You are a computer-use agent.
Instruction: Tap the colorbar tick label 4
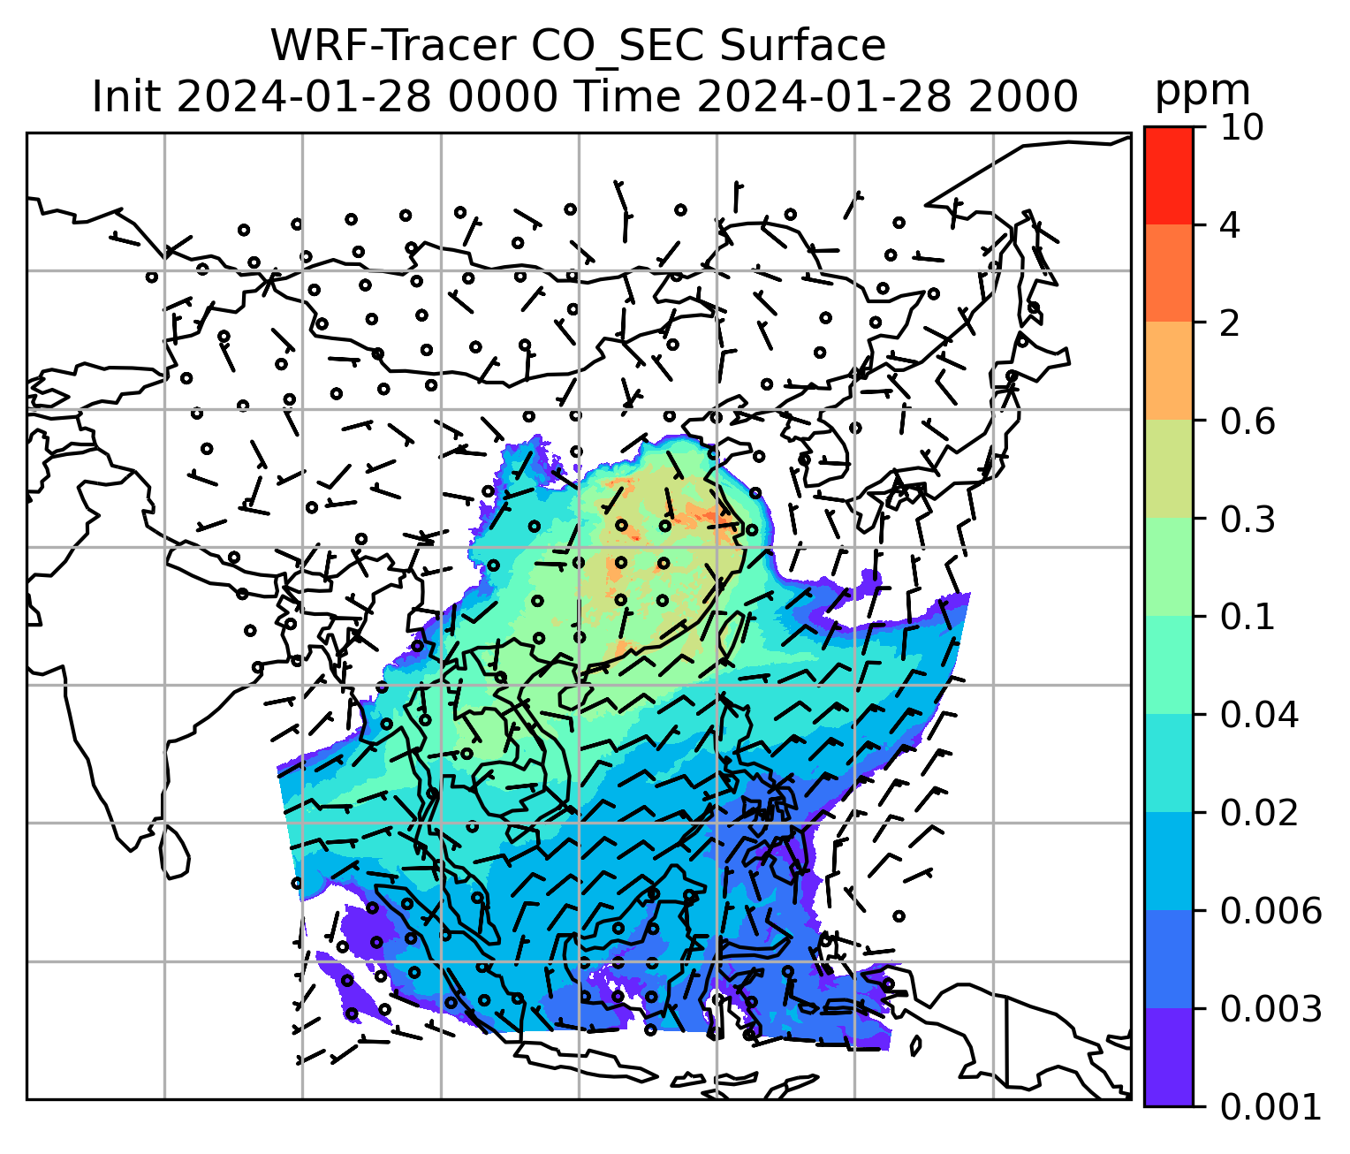(1231, 226)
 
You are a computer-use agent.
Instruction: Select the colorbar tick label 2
(1231, 324)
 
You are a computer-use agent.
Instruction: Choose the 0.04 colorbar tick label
(1259, 716)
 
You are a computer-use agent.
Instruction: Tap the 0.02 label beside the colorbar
(1259, 814)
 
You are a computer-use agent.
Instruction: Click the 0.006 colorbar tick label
(1270, 911)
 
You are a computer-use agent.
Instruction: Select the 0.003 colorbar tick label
(1270, 1009)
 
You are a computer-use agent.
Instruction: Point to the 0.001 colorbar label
(1270, 1107)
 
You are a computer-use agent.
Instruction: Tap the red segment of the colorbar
(1169, 174)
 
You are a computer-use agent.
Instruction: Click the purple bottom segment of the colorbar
(1169, 1057)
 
